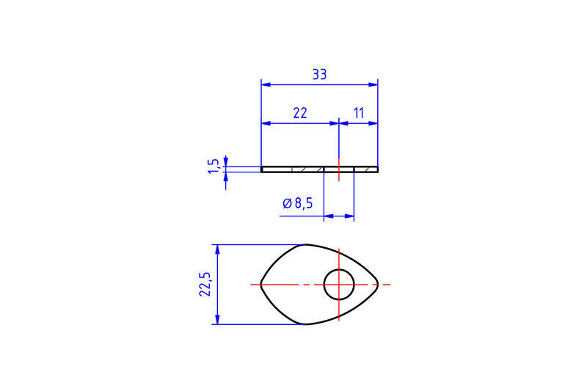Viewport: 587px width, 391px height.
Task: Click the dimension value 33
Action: click(x=319, y=74)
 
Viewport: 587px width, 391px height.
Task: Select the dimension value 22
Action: click(x=300, y=113)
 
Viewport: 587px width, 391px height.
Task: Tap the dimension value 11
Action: click(x=359, y=113)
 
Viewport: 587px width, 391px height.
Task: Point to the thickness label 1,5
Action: click(x=214, y=166)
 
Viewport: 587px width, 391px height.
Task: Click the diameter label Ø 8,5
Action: click(x=298, y=203)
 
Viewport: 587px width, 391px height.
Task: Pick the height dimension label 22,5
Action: click(x=205, y=285)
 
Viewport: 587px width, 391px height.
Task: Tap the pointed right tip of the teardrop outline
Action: click(x=378, y=285)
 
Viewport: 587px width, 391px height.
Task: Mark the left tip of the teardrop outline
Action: click(x=261, y=285)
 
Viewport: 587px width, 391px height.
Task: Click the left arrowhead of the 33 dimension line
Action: click(x=266, y=84)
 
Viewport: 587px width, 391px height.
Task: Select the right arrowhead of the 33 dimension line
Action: click(x=373, y=84)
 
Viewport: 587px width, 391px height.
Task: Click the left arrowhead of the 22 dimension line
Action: click(x=266, y=123)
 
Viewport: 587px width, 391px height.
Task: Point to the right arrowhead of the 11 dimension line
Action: click(x=373, y=123)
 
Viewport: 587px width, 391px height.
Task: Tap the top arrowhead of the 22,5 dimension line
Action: click(x=218, y=249)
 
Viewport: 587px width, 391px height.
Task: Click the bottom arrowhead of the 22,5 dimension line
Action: click(x=218, y=320)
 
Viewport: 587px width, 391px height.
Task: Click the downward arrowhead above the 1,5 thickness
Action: click(x=226, y=161)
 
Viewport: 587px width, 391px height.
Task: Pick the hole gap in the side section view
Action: click(x=339, y=169)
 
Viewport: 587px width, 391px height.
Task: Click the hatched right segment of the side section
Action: click(x=366, y=169)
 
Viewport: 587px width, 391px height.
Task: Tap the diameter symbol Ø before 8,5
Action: click(x=287, y=203)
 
